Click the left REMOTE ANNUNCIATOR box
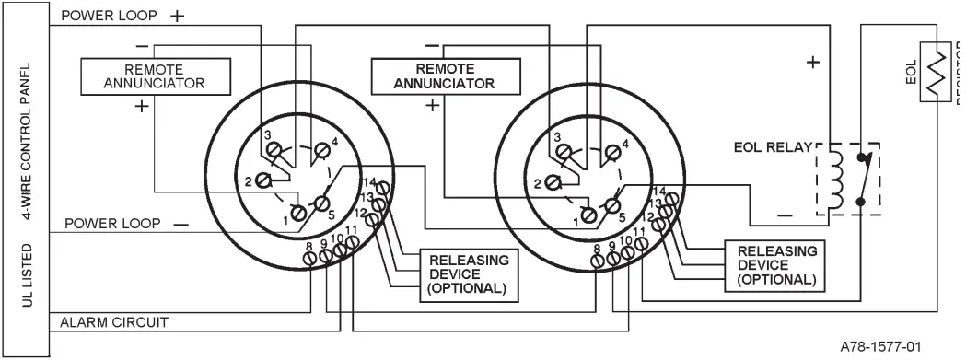154,75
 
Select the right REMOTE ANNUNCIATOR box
444,75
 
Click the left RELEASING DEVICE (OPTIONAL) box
468,273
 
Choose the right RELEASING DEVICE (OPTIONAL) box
776,264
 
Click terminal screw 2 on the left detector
263,179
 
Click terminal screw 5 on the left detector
323,203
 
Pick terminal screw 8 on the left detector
310,260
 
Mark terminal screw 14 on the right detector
675,198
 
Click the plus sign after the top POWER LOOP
177,17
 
